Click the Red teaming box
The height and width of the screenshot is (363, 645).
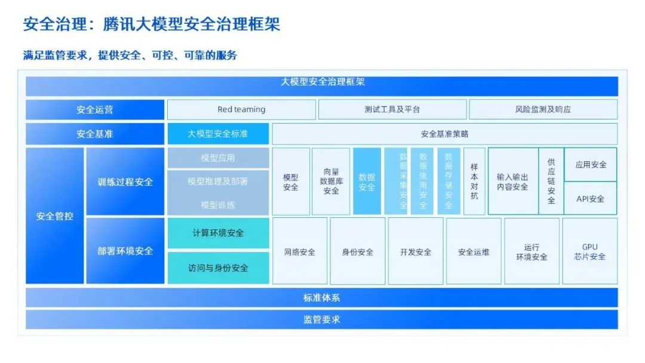(241, 110)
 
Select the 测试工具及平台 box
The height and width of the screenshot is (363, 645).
(392, 110)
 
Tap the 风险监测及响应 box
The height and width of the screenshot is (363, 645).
(543, 110)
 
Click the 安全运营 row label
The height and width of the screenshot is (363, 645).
(94, 110)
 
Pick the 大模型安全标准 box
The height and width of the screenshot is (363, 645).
(218, 134)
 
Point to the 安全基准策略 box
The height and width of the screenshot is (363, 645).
(444, 134)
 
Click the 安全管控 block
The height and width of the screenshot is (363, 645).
(55, 216)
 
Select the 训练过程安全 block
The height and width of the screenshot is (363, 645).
(125, 181)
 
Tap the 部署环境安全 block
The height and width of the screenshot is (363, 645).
(125, 251)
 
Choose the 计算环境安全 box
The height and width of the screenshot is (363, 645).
(218, 233)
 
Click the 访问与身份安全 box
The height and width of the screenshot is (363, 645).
(218, 268)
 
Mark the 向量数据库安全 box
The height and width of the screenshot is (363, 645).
(331, 181)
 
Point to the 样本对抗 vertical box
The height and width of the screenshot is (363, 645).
(474, 181)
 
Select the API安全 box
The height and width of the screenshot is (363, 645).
(590, 199)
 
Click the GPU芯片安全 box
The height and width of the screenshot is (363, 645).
(590, 251)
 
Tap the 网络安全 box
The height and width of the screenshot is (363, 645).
(300, 251)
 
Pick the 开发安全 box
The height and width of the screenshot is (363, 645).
(416, 251)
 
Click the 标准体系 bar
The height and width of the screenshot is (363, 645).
(321, 297)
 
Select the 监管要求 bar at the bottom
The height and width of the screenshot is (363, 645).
(321, 319)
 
